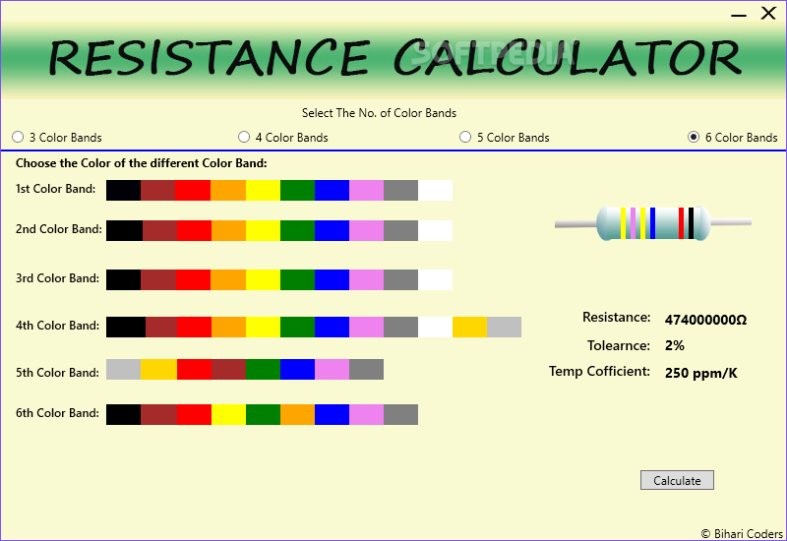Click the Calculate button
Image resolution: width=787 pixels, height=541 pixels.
point(677,480)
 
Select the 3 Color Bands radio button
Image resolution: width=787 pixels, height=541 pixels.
point(18,137)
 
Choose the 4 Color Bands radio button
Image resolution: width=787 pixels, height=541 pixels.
point(244,137)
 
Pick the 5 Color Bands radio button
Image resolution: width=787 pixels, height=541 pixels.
point(465,137)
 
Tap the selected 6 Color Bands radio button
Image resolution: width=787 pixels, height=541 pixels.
point(694,137)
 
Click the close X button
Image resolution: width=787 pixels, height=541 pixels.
point(768,13)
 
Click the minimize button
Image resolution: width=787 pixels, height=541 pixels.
point(739,16)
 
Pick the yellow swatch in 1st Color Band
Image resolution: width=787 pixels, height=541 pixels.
point(263,191)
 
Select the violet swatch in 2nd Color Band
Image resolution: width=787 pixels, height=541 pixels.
point(366,231)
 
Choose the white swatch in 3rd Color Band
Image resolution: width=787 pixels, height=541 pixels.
point(435,280)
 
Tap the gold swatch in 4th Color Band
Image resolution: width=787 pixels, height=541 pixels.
point(470,328)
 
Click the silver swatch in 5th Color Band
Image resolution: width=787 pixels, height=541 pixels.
point(124,370)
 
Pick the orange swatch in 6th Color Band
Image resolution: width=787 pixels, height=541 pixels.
point(298,414)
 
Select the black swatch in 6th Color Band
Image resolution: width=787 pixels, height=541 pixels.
point(124,414)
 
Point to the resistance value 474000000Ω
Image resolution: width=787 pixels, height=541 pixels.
point(705,321)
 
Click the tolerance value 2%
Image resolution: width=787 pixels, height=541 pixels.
point(675,345)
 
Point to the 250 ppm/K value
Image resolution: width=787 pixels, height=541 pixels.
point(701,373)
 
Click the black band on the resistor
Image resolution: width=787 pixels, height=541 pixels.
point(692,223)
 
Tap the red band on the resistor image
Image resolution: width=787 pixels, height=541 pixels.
point(681,223)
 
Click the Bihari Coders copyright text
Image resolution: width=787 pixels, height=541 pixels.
point(742,534)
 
